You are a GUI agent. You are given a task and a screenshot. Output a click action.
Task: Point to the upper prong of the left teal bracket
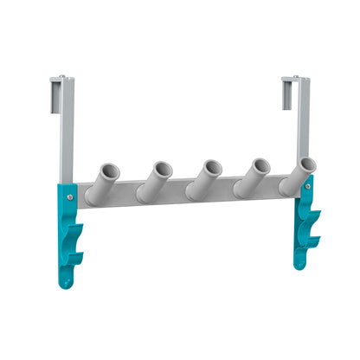(79, 228)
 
